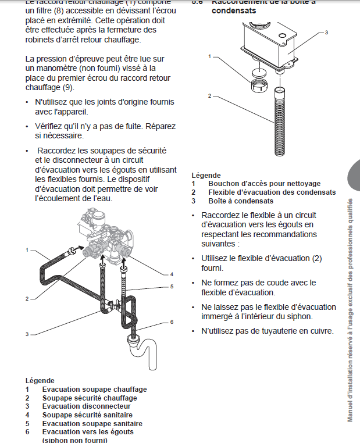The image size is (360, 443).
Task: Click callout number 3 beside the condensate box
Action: pyautogui.click(x=326, y=33)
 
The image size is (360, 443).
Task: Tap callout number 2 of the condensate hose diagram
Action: pyautogui.click(x=209, y=95)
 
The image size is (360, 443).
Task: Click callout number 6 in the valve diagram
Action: pyautogui.click(x=172, y=321)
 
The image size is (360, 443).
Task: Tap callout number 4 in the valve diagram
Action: pyautogui.click(x=172, y=274)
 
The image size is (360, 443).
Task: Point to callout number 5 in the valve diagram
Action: pyautogui.click(x=172, y=286)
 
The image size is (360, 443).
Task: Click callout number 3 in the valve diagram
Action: pyautogui.click(x=27, y=334)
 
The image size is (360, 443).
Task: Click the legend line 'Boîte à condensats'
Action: pyautogui.click(x=240, y=201)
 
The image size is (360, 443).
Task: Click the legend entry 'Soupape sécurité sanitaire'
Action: pyautogui.click(x=87, y=415)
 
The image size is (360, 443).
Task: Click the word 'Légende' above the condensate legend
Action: pyautogui.click(x=206, y=175)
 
